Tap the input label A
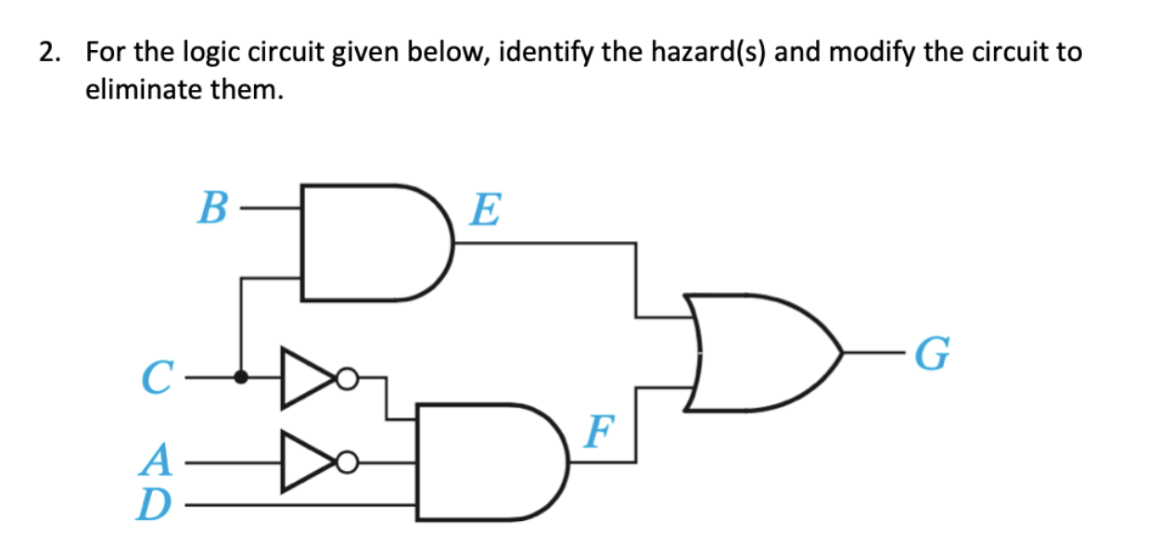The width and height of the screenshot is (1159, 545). pos(158,458)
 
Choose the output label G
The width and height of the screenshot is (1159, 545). pos(931,353)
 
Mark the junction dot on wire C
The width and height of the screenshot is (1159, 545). pos(241,377)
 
